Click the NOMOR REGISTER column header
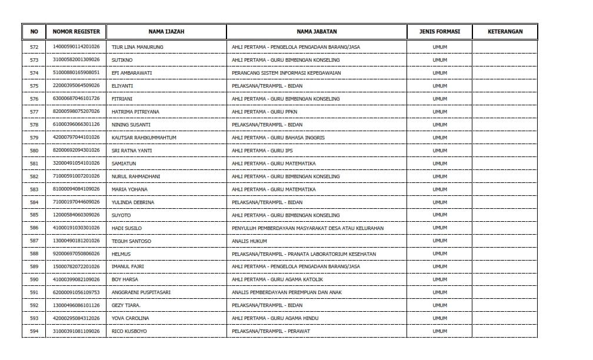click(x=76, y=32)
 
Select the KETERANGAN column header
click(x=505, y=32)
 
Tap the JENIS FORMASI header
click(x=439, y=32)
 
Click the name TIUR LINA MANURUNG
click(x=137, y=47)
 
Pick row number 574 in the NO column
click(x=34, y=73)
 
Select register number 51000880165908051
click(x=76, y=73)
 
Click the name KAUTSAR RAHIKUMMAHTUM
click(x=144, y=138)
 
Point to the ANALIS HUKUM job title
click(x=249, y=241)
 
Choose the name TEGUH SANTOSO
click(x=131, y=241)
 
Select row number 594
click(x=34, y=331)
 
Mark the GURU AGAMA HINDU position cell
click(x=275, y=318)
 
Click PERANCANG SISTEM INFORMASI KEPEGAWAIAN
click(x=286, y=73)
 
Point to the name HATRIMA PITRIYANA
click(x=135, y=112)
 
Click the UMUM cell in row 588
click(x=439, y=254)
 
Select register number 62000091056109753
click(x=76, y=292)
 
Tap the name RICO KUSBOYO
click(x=129, y=331)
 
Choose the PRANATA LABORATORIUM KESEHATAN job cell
click(x=304, y=254)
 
